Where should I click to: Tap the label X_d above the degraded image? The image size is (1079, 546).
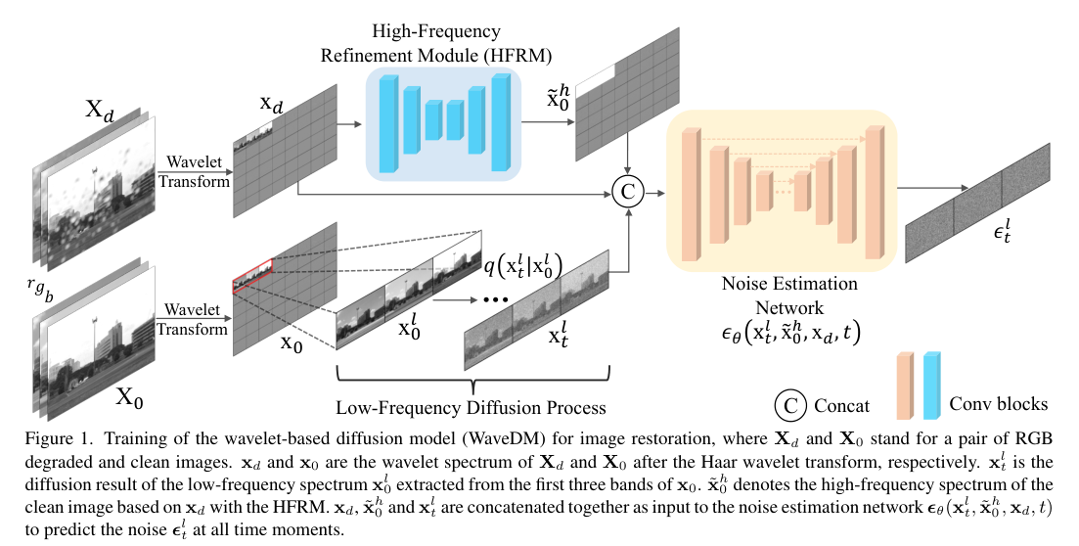tap(99, 111)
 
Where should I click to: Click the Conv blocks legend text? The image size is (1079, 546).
tap(1000, 403)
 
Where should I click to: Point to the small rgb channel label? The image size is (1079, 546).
tap(42, 287)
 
